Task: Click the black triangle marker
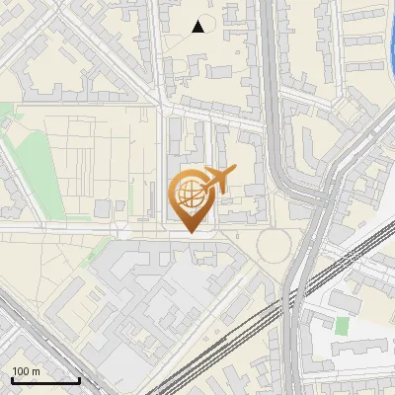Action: [x=198, y=27]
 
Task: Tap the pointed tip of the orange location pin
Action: [x=193, y=232]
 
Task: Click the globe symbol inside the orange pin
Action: [x=191, y=196]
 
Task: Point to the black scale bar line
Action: [x=45, y=381]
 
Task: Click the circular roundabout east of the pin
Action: [x=276, y=246]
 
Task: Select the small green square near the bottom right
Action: [x=343, y=325]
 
